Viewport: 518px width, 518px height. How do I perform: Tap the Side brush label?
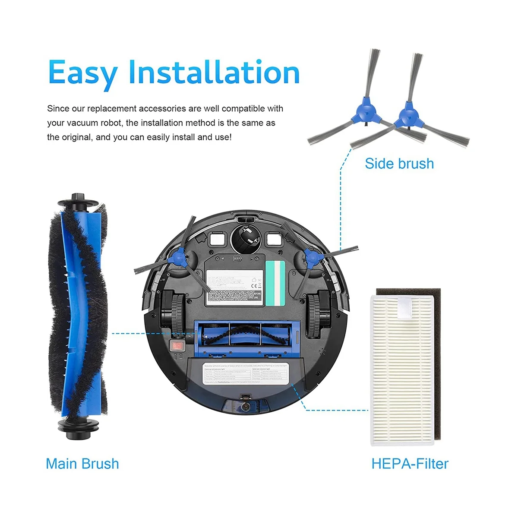399,164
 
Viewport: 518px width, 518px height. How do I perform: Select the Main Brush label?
82,464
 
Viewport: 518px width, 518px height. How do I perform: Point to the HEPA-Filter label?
410,464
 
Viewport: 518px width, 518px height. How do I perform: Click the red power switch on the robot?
176,345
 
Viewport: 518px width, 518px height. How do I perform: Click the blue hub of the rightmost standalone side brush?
408,116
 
